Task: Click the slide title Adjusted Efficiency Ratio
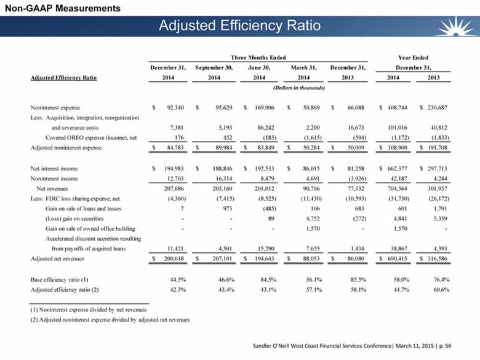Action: tap(239, 26)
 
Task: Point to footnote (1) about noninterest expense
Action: tap(89, 310)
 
